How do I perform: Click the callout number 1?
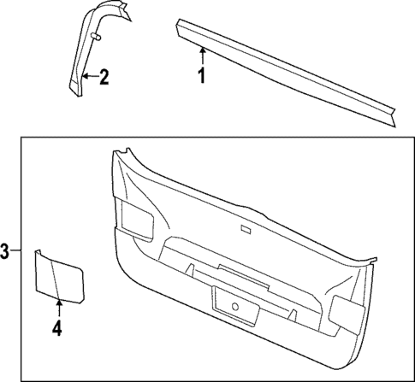tap(202, 78)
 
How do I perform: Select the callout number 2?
tap(104, 79)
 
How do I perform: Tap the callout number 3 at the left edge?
tap(5, 252)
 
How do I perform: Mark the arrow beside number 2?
tap(89, 78)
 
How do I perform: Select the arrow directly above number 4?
tap(58, 307)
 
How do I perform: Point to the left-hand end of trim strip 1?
tap(181, 26)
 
